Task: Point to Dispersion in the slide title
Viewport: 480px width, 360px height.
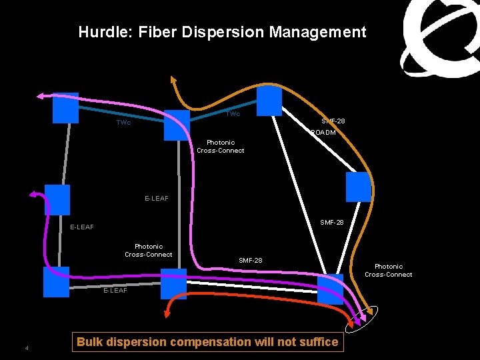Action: pos(223,32)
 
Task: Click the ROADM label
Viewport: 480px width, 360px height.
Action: pos(323,133)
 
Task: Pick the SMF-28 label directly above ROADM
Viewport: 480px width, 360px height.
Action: pos(333,121)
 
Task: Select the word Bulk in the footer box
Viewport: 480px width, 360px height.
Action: pos(90,342)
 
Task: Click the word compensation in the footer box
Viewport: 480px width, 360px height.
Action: pos(211,342)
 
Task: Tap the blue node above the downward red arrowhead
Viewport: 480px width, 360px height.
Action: pos(173,283)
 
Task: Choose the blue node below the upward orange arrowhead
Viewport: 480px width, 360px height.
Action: pos(177,125)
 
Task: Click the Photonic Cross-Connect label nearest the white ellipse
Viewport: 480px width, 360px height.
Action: pos(388,270)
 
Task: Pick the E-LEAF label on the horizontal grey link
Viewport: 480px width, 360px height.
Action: pos(115,290)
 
